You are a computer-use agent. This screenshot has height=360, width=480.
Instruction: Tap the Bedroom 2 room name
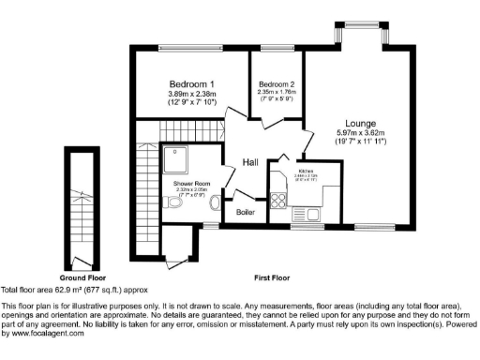point(277,84)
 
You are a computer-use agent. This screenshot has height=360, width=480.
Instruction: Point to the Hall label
point(250,163)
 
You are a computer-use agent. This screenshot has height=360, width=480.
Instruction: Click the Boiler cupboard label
point(246,211)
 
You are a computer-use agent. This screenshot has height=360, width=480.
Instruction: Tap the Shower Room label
point(190,184)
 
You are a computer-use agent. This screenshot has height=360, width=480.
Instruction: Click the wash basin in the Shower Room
point(215,203)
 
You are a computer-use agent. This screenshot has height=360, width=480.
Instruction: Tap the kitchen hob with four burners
point(278,199)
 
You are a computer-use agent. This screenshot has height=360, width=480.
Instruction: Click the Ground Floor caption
point(82,278)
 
